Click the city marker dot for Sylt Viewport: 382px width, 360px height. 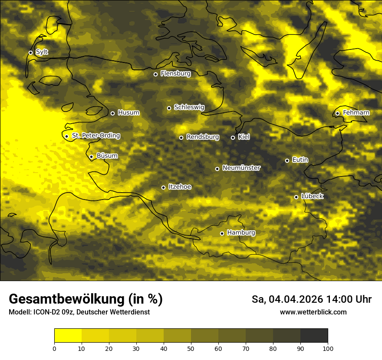[x=30, y=52]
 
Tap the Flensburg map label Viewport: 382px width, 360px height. [x=175, y=74]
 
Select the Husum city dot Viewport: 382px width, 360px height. [x=112, y=113]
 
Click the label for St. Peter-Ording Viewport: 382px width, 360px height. [x=95, y=136]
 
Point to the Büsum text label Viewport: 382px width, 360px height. [x=107, y=156]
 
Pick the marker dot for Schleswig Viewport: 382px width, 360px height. [x=169, y=108]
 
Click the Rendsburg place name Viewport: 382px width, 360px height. [x=203, y=137]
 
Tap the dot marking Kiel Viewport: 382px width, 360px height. [x=233, y=137]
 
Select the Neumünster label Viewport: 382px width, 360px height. [x=241, y=168]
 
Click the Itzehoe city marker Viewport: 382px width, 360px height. [x=163, y=187]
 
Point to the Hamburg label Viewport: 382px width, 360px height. [x=241, y=233]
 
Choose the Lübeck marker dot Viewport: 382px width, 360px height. [x=296, y=197]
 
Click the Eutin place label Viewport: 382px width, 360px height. [x=300, y=160]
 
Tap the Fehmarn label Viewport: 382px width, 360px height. [x=356, y=113]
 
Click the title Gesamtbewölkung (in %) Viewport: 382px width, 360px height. [x=86, y=299]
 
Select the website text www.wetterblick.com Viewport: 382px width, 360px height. [x=313, y=312]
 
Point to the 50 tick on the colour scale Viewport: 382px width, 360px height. [x=191, y=348]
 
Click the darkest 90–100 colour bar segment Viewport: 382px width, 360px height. [x=314, y=335]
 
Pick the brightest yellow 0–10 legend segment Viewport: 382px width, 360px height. [x=68, y=335]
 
